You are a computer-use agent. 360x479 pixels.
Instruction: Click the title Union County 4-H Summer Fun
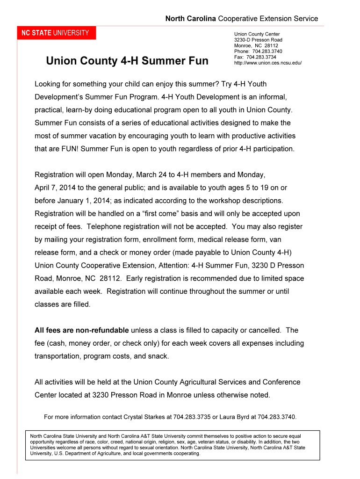pyautogui.click(x=127, y=61)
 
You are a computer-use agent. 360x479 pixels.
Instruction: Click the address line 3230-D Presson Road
pyautogui.click(x=258, y=40)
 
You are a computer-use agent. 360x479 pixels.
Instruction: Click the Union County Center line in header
pyautogui.click(x=257, y=34)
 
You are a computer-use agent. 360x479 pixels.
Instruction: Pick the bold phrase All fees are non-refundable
pyautogui.click(x=82, y=330)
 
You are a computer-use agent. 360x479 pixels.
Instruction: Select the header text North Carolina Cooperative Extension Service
pyautogui.click(x=241, y=19)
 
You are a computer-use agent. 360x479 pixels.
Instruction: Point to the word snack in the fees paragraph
pyautogui.click(x=157, y=356)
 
